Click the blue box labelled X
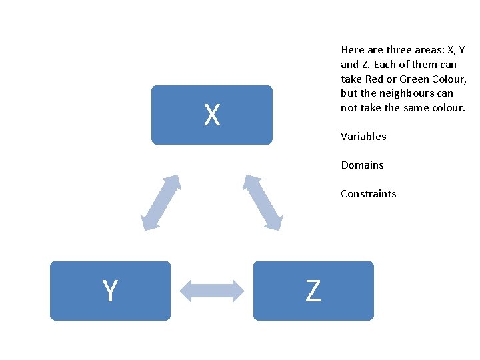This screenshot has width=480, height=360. pos(211,115)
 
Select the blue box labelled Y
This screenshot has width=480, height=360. pos(110,291)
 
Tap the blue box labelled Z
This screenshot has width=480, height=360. pos(313,291)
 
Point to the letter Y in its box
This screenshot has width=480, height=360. pos(110,291)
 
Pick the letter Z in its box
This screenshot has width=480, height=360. pos(313,291)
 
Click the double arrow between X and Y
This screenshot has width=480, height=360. pos(161,203)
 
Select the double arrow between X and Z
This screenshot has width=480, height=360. pos(263,203)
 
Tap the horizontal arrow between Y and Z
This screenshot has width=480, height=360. pos(213,291)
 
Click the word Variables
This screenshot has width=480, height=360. pos(363,137)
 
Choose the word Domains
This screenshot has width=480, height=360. pos(362,165)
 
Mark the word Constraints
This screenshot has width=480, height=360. pos(368,194)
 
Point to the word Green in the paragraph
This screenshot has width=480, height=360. pos(415,79)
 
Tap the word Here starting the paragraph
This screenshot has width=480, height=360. pos(351,50)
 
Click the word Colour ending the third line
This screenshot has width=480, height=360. pos(451,79)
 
